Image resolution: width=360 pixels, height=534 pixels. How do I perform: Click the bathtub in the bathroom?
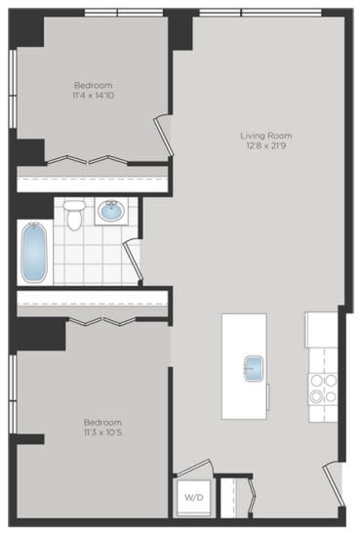coord(33,251)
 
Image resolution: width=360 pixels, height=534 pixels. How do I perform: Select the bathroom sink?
coord(110,210)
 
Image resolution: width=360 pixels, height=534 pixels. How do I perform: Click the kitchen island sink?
coord(253,368)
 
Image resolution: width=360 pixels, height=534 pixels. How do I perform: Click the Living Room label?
coord(266,136)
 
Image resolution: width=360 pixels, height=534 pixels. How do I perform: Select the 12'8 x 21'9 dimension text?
coord(266,146)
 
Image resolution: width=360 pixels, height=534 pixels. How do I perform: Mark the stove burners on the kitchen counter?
coord(323,389)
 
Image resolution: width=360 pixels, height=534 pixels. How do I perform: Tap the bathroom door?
coord(134,260)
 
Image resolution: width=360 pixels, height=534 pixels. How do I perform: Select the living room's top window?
coord(260,12)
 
